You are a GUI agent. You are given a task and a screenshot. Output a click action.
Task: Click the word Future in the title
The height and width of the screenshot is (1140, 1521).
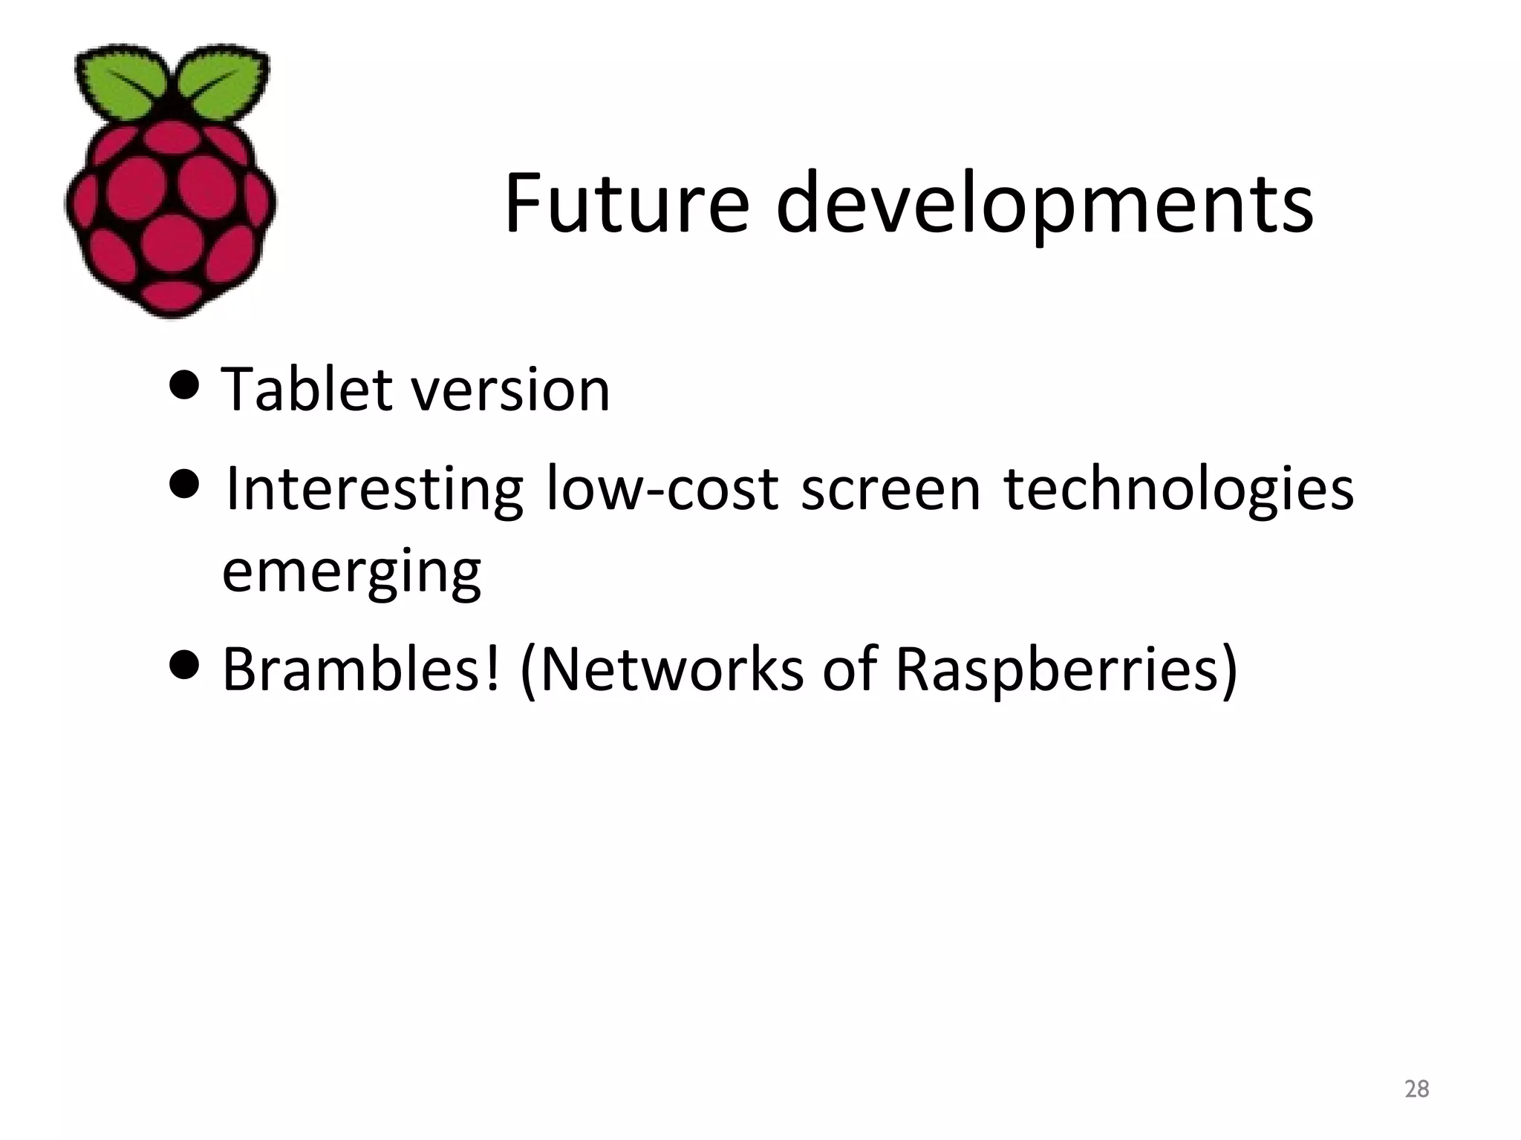click(x=626, y=203)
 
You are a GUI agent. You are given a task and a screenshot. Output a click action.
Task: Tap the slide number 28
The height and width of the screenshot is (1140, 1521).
click(x=1417, y=1089)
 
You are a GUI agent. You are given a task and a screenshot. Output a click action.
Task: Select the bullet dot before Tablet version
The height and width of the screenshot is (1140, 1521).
click(x=184, y=385)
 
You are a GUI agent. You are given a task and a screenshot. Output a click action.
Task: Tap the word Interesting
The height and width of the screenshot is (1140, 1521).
click(x=374, y=490)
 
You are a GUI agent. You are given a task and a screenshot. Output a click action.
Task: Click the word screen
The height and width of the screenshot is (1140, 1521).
click(x=890, y=490)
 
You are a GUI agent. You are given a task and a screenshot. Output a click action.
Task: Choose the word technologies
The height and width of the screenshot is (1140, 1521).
click(x=1179, y=490)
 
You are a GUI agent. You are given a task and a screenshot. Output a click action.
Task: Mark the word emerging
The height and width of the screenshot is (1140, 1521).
click(x=351, y=574)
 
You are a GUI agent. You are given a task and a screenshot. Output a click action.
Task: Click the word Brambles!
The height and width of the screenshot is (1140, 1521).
click(x=361, y=669)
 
